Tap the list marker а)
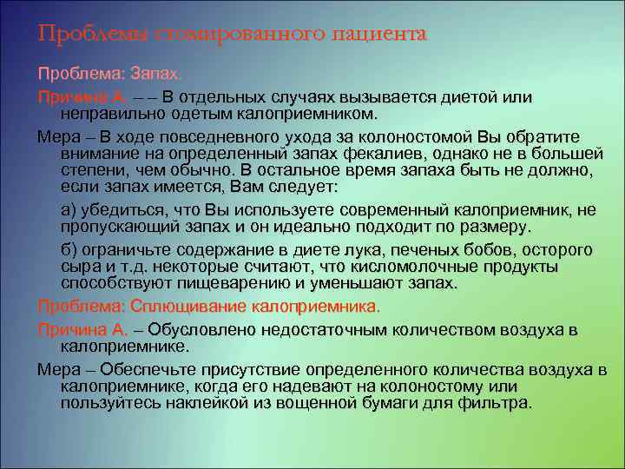click(69, 210)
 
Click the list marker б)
click(69, 250)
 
